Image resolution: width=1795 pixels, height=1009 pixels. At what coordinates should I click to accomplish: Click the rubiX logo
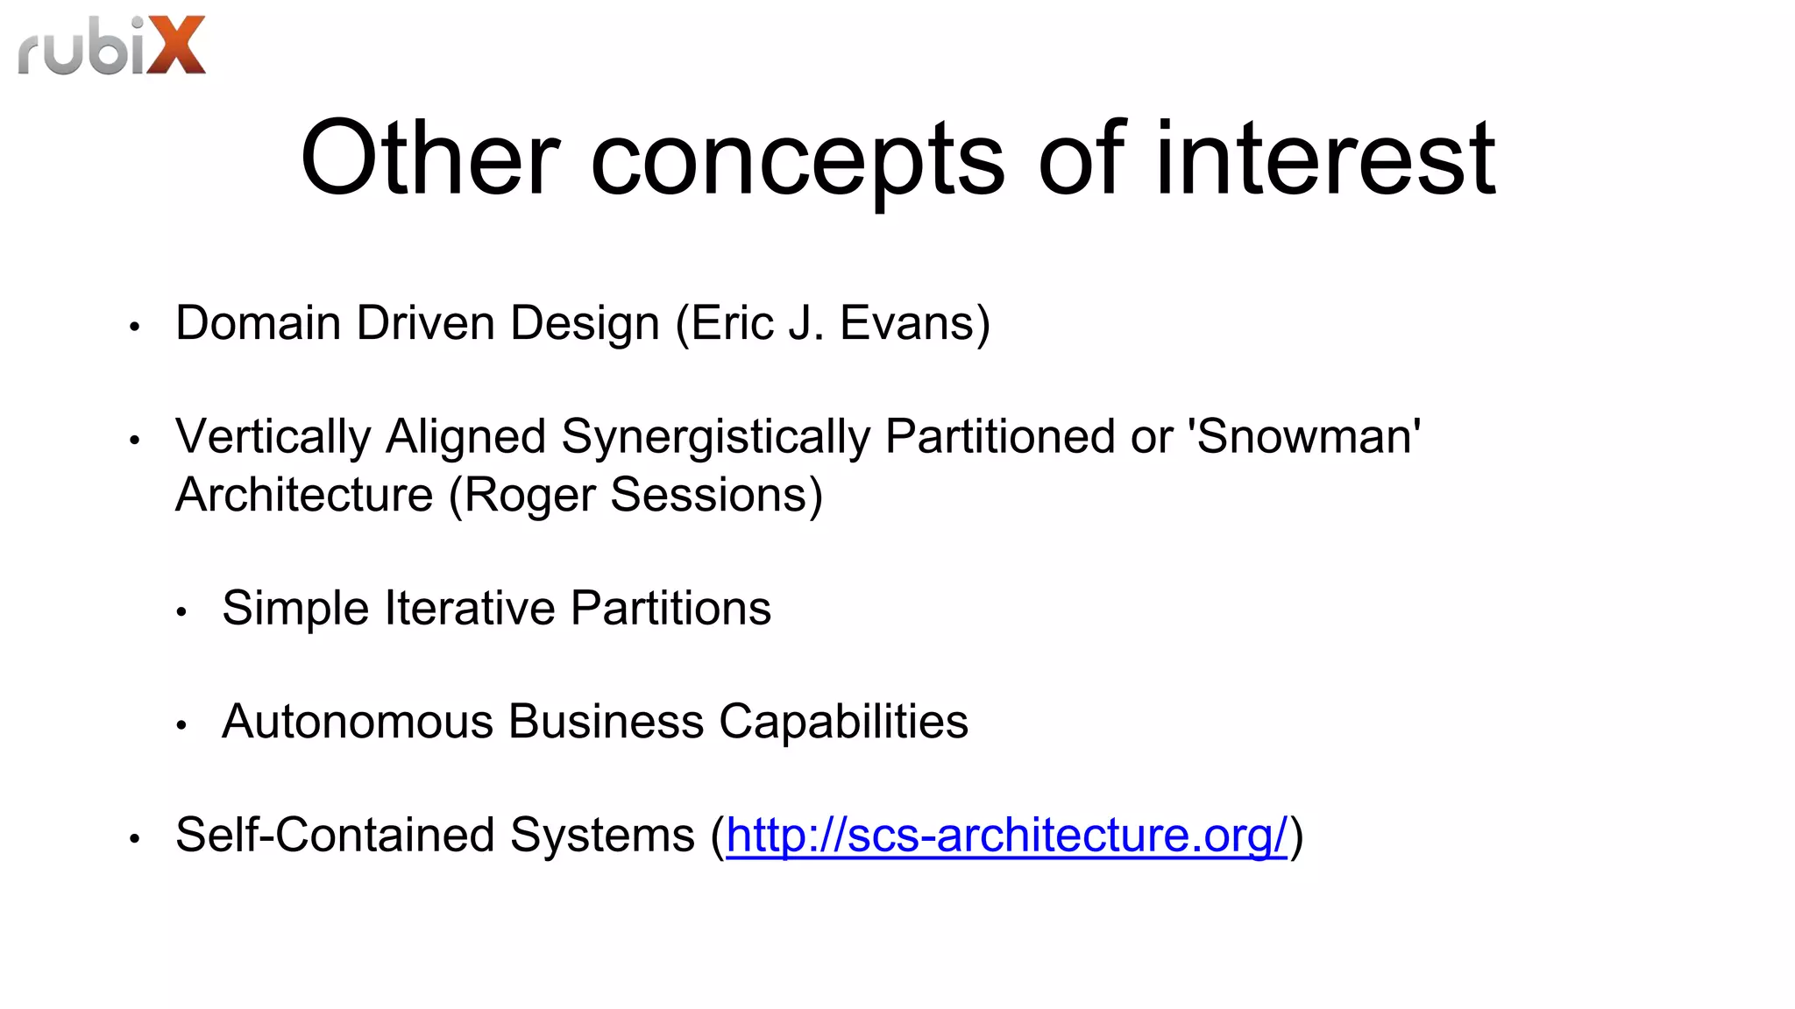(111, 46)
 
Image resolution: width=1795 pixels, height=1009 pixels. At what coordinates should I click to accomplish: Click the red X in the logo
(176, 46)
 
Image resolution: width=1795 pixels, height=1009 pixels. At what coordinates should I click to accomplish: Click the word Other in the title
(429, 159)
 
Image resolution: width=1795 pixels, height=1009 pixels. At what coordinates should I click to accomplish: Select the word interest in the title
(1325, 159)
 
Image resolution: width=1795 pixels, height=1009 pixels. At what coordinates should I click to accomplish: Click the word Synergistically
(716, 437)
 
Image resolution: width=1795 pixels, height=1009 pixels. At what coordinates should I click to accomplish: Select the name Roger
(529, 496)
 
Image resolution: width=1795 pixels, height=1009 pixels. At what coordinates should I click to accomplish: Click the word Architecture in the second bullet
(304, 495)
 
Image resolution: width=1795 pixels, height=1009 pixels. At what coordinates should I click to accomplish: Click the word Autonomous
(358, 722)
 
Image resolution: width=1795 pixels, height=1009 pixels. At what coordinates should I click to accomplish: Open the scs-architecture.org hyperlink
(1006, 835)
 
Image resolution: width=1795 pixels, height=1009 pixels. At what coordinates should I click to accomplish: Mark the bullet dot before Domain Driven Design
(134, 328)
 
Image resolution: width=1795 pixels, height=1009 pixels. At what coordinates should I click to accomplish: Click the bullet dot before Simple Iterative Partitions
(181, 612)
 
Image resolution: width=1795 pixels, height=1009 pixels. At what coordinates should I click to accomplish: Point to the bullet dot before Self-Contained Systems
(134, 839)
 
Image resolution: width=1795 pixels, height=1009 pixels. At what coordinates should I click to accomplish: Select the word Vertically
(273, 437)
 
